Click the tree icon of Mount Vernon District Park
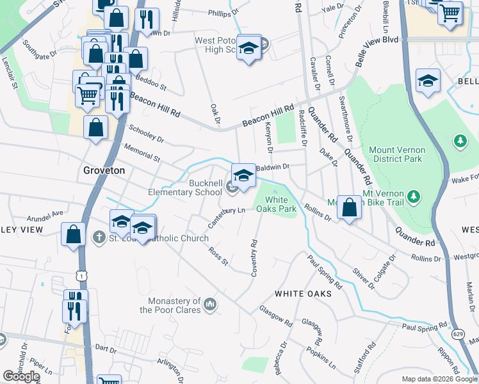[x=459, y=140]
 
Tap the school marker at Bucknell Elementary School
[x=244, y=174]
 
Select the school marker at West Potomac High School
[x=248, y=48]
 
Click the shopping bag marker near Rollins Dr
[x=349, y=207]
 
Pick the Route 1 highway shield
[x=80, y=274]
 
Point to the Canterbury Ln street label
[x=226, y=217]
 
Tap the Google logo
[x=21, y=376]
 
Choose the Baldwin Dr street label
[x=272, y=167]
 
